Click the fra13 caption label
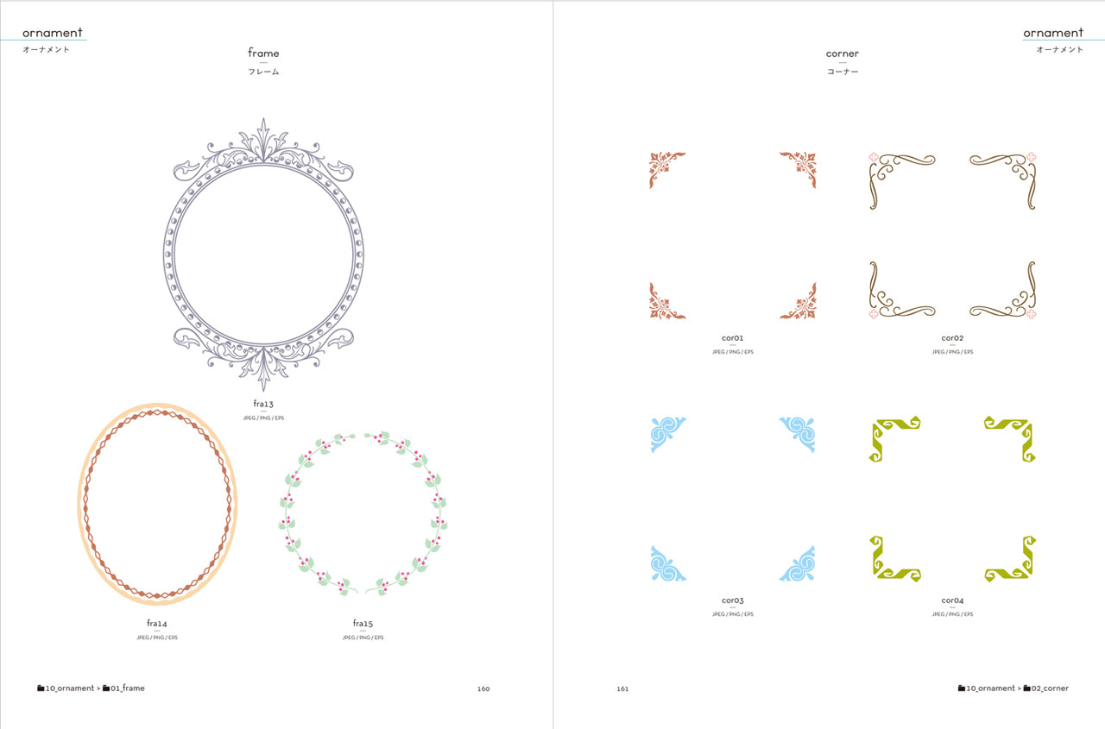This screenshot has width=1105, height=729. tap(263, 404)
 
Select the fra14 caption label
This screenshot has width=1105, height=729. tap(157, 624)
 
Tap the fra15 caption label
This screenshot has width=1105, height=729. tap(363, 624)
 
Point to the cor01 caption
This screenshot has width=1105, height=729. tap(733, 338)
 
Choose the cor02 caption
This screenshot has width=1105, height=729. tap(952, 338)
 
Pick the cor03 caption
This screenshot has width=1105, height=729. tap(733, 600)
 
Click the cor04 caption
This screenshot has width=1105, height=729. tap(952, 600)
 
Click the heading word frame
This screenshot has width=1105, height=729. tap(263, 53)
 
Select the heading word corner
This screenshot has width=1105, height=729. tap(842, 53)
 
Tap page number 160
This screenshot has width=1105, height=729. tap(483, 688)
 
